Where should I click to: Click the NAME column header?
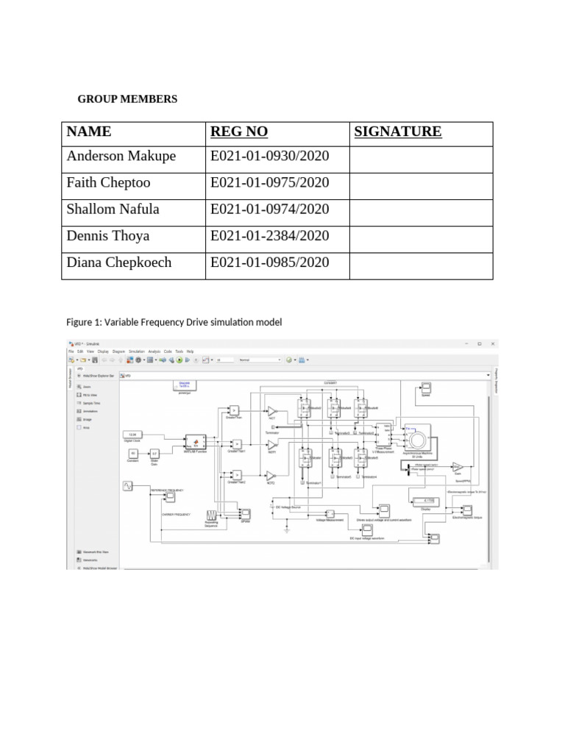tap(89, 132)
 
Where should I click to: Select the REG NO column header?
tap(239, 132)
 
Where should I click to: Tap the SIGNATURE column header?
tap(398, 132)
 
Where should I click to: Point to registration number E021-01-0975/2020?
tap(269, 182)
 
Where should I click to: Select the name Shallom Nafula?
tap(113, 209)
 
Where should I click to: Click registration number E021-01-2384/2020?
tap(269, 235)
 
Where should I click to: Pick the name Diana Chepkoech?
tap(118, 263)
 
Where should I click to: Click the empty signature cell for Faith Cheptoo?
tap(420, 182)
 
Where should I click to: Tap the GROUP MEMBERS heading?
tap(128, 99)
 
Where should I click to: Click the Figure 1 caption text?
tap(174, 322)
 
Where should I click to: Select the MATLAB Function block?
tap(196, 441)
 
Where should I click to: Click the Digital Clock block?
tap(133, 435)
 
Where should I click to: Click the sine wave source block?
tap(128, 486)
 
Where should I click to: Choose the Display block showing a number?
tap(427, 502)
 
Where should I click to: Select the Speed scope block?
tap(426, 388)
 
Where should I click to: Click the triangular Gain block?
tap(457, 467)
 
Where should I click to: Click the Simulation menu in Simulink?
tap(136, 351)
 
